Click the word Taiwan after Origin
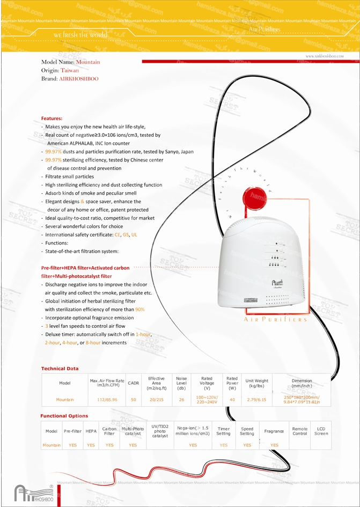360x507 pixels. coord(70,70)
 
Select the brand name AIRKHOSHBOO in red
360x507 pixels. coord(79,78)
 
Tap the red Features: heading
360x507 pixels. coord(52,118)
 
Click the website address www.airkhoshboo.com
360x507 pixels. coord(324,56)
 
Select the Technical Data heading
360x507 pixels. coord(60,369)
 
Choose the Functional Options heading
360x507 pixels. coord(64,416)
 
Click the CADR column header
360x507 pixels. coord(134,383)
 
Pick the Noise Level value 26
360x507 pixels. coord(181,399)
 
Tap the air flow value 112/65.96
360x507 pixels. coord(107,399)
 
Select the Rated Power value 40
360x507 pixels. coord(232,399)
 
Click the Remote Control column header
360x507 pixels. coord(299,431)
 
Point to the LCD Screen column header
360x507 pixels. coord(321,431)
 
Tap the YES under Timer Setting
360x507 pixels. coord(224,445)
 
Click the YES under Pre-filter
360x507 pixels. coord(72,445)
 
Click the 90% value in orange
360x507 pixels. coord(139,309)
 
